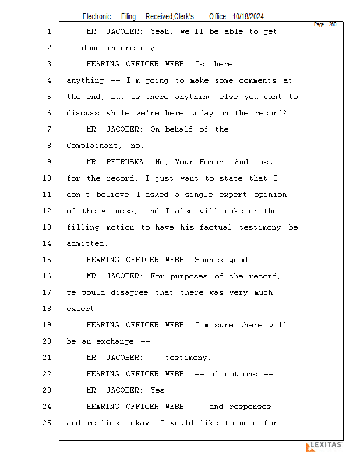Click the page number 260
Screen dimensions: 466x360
pos(332,24)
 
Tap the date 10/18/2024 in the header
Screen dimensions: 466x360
pos(252,17)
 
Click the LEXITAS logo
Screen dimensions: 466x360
pos(324,446)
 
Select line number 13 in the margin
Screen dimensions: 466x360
pos(48,227)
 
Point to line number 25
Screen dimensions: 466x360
pos(48,423)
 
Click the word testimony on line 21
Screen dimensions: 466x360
pos(188,358)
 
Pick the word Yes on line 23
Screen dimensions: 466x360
pos(159,390)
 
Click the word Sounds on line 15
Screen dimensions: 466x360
pos(209,260)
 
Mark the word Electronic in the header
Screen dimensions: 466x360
pos(96,17)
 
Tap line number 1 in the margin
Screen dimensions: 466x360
pos(49,31)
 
